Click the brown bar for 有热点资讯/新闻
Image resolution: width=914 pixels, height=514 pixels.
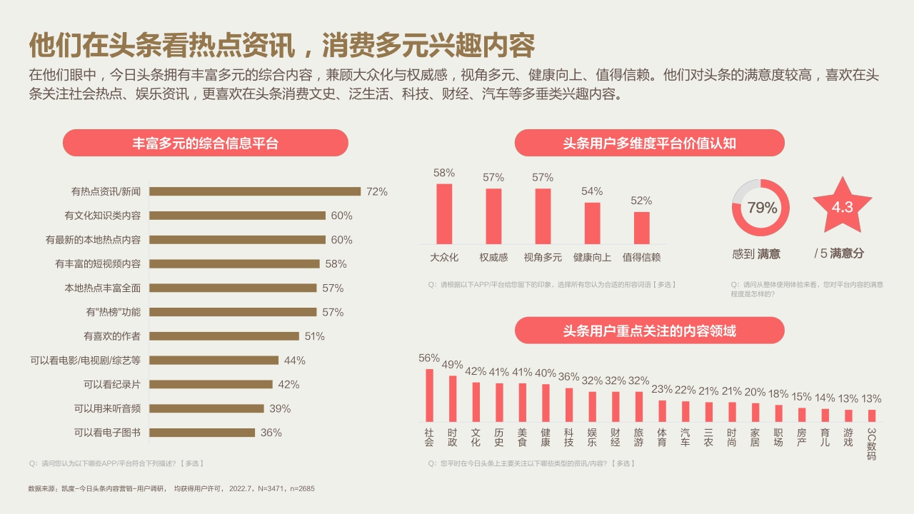254,191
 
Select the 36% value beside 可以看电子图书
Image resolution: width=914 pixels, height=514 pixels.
271,433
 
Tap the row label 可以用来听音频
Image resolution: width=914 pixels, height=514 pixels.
107,408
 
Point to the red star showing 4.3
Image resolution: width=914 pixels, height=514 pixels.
842,207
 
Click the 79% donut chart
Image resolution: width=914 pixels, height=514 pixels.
761,208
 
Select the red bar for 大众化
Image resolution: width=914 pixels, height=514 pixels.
444,214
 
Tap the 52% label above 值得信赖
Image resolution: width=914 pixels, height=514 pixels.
641,201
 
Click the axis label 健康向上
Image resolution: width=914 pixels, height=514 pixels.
592,258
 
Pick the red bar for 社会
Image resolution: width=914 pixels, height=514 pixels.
429,395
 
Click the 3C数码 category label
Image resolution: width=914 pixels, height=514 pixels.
871,443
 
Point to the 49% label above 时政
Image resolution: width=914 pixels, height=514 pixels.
452,365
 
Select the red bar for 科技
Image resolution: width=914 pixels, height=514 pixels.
569,404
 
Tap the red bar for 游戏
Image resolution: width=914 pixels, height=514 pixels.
848,415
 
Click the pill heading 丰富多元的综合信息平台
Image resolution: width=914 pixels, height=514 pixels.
206,143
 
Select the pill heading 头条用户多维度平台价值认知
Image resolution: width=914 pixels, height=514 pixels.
649,143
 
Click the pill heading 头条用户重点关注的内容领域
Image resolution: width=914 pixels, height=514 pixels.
649,331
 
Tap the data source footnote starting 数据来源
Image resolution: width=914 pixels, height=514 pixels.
171,489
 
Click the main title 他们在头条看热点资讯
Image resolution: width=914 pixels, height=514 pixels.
281,45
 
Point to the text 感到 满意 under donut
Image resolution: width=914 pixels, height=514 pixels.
756,253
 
